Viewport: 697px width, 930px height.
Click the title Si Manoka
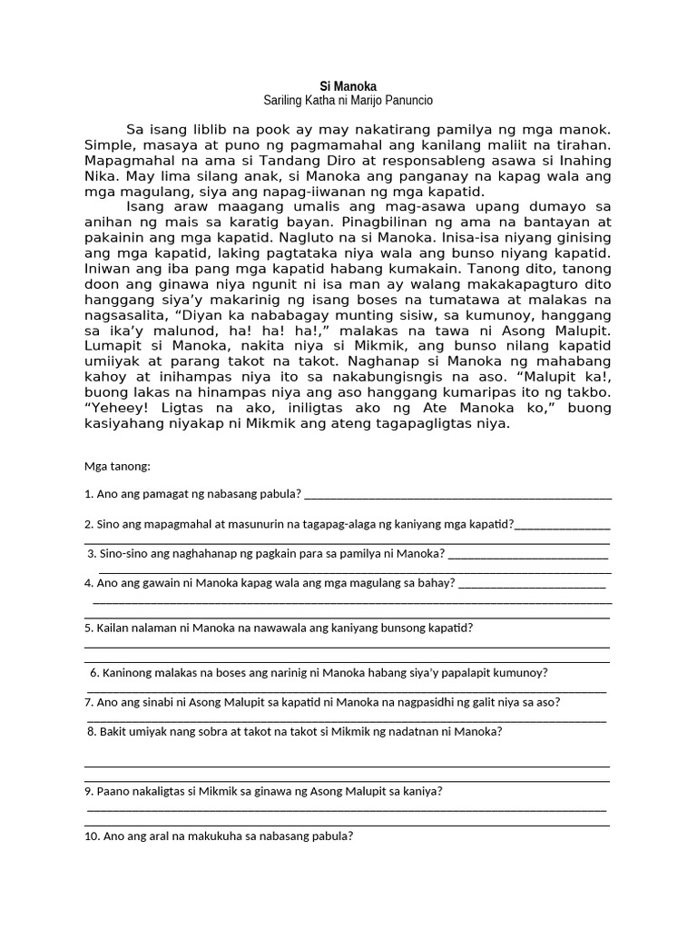348,86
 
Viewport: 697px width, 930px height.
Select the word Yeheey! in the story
115,408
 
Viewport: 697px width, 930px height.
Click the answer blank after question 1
458,496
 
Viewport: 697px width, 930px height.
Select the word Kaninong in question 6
129,673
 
